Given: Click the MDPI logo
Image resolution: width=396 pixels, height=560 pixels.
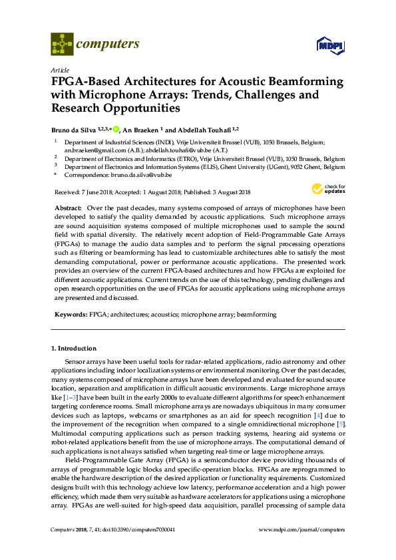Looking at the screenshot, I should click(x=329, y=46).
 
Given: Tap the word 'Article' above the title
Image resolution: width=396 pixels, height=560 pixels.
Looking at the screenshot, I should click(x=60, y=70).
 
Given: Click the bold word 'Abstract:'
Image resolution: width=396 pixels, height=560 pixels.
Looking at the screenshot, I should click(x=68, y=208).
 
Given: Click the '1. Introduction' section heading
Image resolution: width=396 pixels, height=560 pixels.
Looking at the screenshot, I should click(x=74, y=348).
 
